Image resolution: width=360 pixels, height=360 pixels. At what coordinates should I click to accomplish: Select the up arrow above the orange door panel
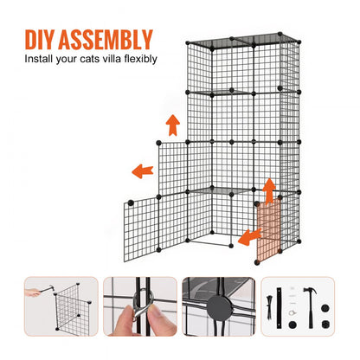(x=269, y=189)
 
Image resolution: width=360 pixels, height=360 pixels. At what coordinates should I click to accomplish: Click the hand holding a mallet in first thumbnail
(x=32, y=292)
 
